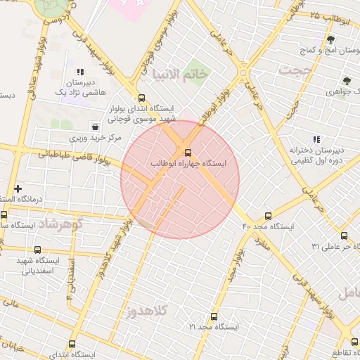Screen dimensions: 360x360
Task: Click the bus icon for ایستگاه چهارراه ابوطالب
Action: [188, 152]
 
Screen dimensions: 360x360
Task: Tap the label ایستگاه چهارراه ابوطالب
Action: [189, 163]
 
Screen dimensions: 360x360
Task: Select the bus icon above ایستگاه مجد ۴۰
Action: [268, 216]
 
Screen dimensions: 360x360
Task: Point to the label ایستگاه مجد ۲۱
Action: [214, 328]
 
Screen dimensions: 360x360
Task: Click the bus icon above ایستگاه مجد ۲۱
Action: [214, 316]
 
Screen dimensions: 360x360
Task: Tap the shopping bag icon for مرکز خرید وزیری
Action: [94, 127]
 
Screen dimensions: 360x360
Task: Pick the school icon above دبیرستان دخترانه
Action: [316, 139]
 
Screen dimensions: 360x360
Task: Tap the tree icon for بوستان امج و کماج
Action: [330, 39]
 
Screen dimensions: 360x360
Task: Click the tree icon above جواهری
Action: [347, 81]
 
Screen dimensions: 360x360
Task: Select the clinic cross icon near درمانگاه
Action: [18, 188]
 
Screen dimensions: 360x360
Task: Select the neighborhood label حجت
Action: [293, 70]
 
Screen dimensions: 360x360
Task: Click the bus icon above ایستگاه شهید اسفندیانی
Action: [37, 250]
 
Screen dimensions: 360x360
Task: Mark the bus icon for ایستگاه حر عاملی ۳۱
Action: [344, 236]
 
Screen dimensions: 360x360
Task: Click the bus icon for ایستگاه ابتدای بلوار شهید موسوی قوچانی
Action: [142, 98]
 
